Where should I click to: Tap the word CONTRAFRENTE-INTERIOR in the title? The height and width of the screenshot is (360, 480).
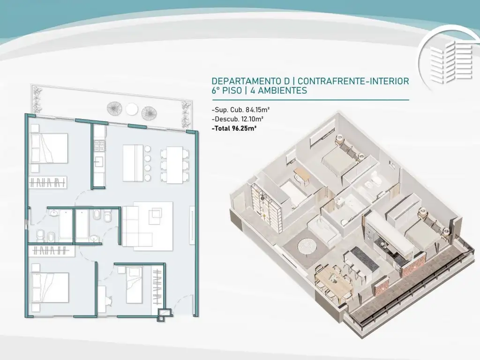(353, 81)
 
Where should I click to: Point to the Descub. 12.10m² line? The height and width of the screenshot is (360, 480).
(238, 119)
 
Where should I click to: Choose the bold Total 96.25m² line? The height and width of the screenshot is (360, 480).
(234, 128)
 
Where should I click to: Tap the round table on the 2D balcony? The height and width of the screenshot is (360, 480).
(132, 109)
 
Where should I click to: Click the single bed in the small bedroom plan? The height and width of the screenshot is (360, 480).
(134, 285)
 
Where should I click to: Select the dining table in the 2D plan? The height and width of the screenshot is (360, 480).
(175, 165)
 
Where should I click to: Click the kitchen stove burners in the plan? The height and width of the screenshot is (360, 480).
(99, 146)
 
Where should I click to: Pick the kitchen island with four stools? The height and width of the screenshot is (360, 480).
(137, 163)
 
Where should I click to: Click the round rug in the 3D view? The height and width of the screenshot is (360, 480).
(307, 246)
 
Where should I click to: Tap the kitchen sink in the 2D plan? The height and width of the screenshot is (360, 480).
(99, 162)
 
